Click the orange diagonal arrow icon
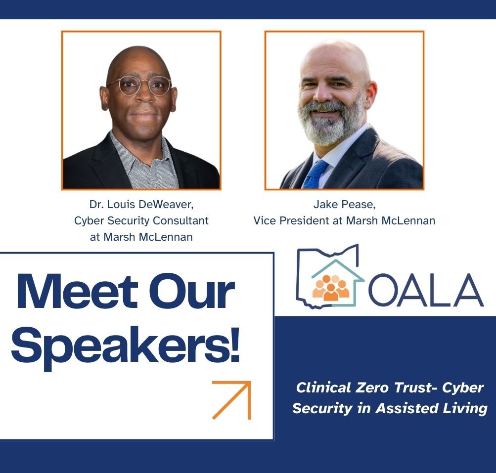coord(231,400)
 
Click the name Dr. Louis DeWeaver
coord(141,204)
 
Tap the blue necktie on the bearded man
coord(315,174)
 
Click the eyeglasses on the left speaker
coord(139,86)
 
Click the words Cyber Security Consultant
coord(141,220)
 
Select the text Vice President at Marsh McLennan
coord(344,220)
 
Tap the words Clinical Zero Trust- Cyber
coord(389,387)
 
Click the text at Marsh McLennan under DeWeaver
coord(141,237)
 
